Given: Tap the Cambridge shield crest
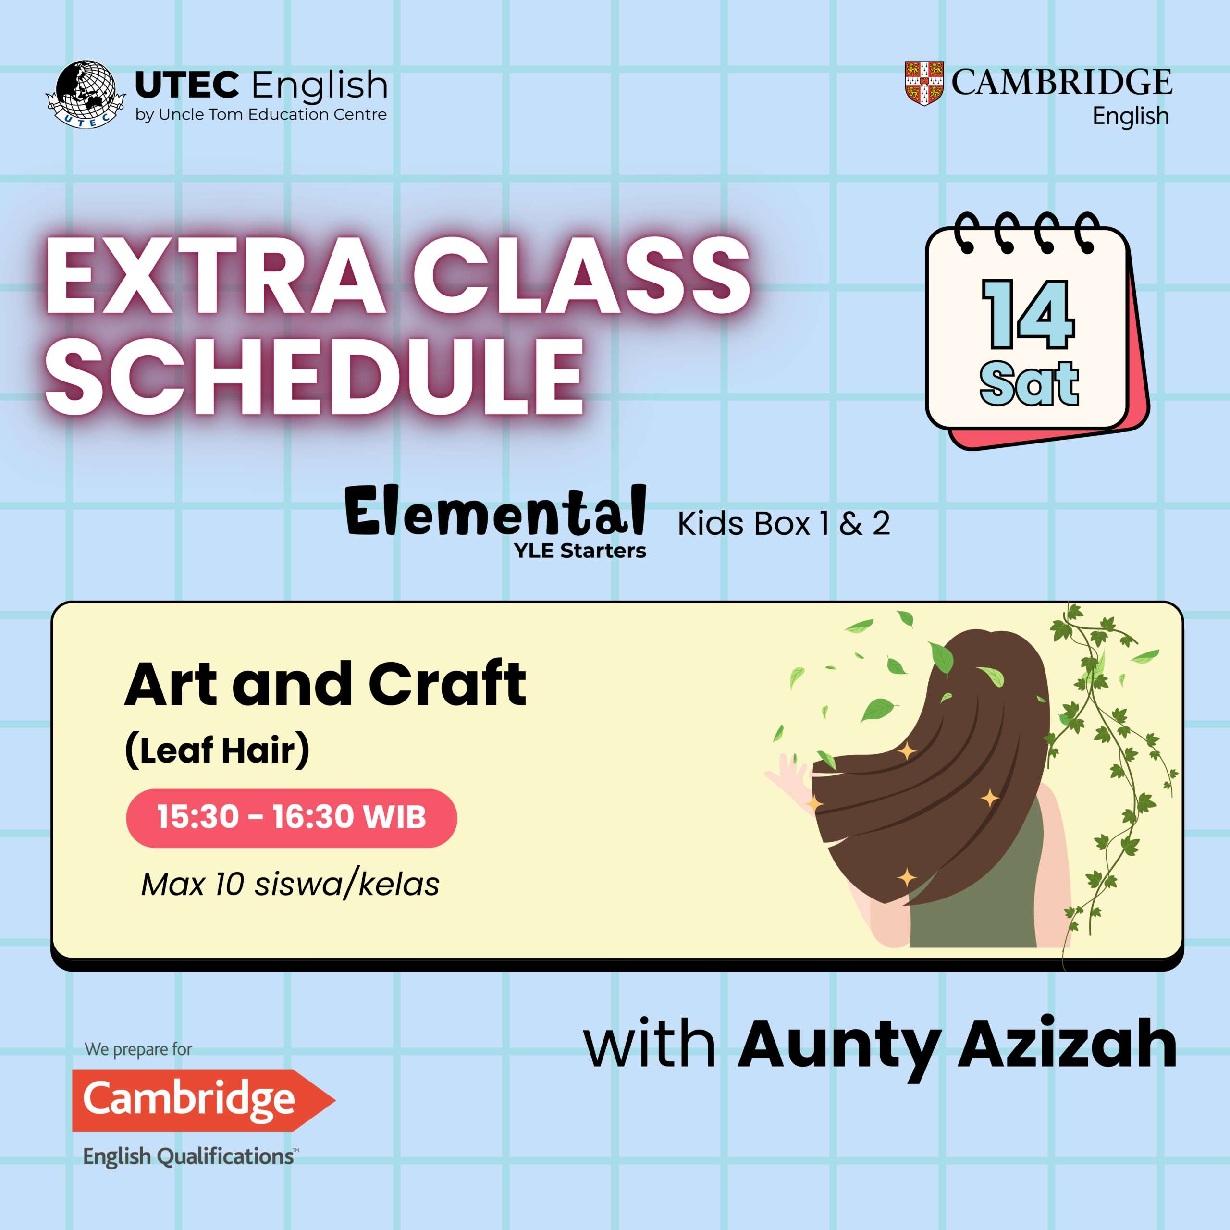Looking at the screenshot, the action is pos(924,83).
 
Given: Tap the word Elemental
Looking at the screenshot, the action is pos(496,511).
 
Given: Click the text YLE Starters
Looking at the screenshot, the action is pos(580,551).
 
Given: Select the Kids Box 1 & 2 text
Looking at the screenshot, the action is pos(784,524).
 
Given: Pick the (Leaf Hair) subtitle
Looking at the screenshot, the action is pos(218,750).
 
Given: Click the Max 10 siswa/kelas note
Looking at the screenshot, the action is pos(290,884).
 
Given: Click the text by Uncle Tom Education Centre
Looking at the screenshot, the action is pos(261,115).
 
